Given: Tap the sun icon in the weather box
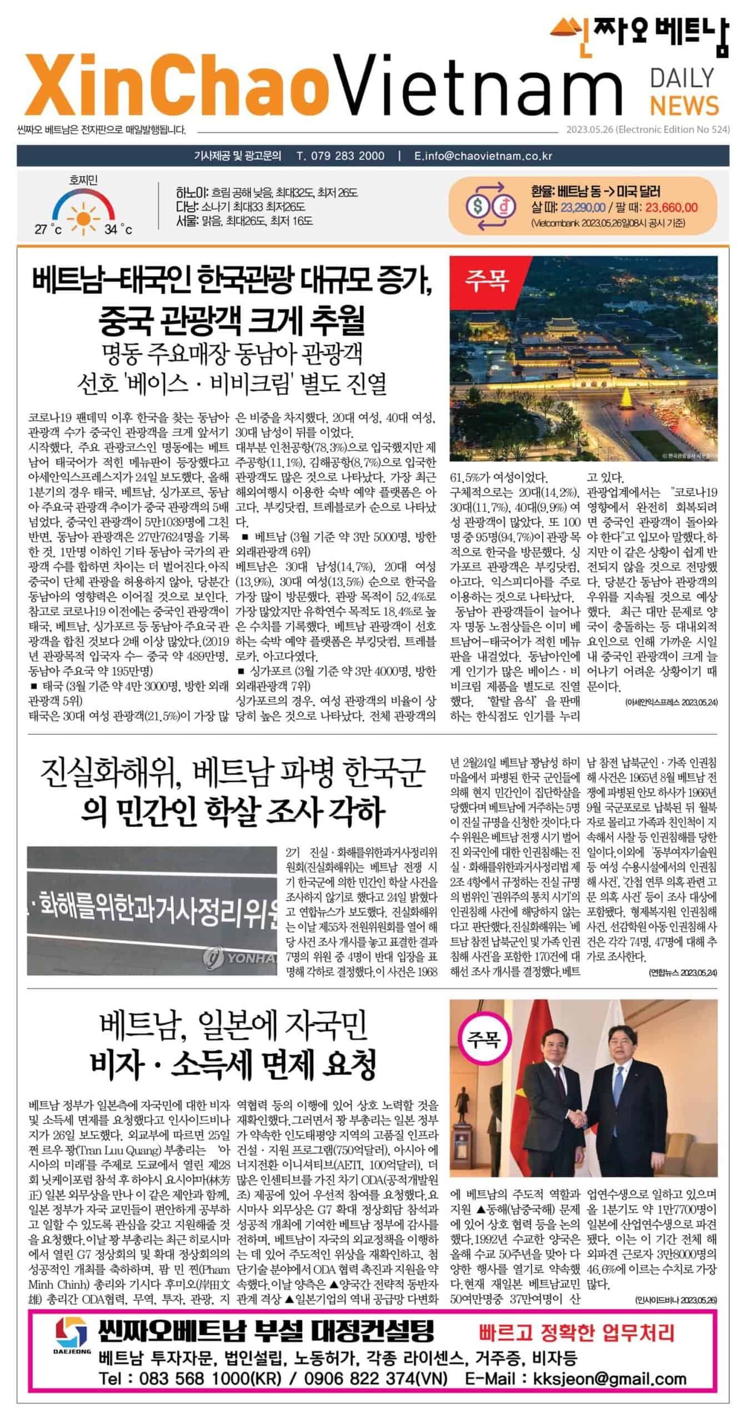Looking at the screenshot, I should pyautogui.click(x=83, y=212).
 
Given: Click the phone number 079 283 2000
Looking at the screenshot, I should pyautogui.click(x=341, y=156).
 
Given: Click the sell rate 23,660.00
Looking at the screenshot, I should pyautogui.click(x=671, y=208).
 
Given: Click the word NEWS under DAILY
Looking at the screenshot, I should pyautogui.click(x=684, y=106).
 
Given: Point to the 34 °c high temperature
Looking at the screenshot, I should pyautogui.click(x=118, y=229).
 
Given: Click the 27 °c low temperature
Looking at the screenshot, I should pyautogui.click(x=48, y=229).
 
